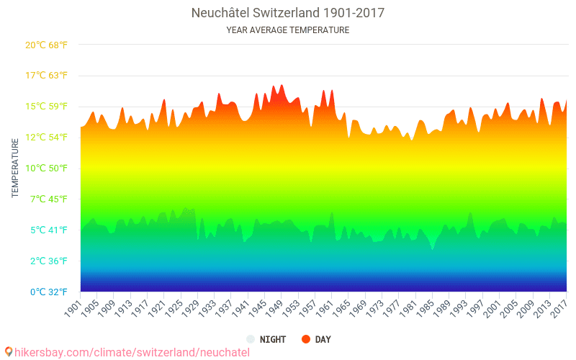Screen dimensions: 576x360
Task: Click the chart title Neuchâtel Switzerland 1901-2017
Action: [287, 13]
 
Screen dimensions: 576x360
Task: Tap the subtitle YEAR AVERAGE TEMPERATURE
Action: [287, 30]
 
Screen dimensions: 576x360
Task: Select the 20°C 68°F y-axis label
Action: [46, 45]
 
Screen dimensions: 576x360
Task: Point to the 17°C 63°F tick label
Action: [46, 76]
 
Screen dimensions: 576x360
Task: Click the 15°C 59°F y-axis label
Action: [46, 107]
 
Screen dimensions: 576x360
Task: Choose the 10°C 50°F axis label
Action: [46, 168]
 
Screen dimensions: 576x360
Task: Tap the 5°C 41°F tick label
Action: [49, 230]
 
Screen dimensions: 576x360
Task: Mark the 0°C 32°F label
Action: [49, 292]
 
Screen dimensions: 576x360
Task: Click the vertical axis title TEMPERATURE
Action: [15, 168]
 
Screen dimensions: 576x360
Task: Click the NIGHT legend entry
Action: [266, 339]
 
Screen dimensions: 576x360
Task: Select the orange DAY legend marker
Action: [305, 339]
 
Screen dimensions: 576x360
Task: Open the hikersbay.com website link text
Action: [132, 353]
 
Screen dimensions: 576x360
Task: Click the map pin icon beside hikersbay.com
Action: [9, 352]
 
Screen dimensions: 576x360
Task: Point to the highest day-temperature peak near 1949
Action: [282, 85]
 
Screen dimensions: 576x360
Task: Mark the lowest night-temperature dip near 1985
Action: [433, 249]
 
